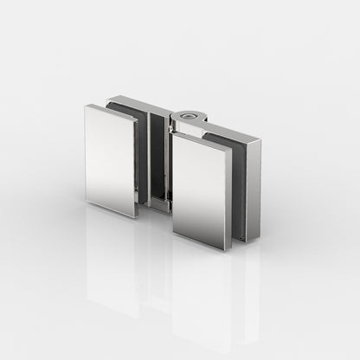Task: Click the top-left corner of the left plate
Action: (x=86, y=106)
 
